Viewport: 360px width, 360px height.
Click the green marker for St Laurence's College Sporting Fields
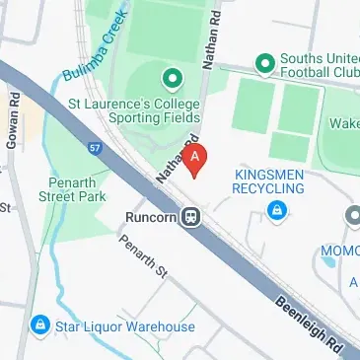click(x=171, y=76)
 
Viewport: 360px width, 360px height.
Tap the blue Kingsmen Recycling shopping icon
click(x=279, y=209)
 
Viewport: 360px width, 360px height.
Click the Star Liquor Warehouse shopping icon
click(x=40, y=324)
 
